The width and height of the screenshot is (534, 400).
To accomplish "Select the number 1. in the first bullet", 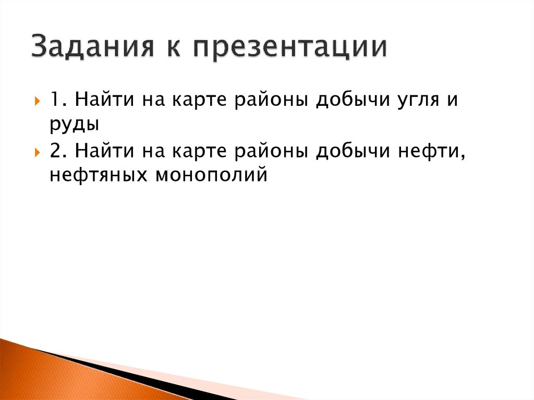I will (x=58, y=100).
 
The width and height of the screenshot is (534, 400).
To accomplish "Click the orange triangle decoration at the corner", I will (x=31, y=373).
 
